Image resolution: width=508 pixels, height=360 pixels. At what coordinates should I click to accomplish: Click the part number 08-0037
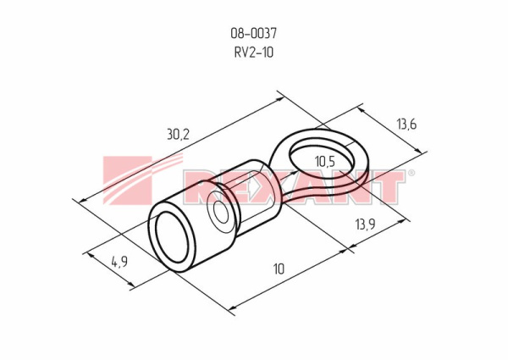pyautogui.click(x=254, y=33)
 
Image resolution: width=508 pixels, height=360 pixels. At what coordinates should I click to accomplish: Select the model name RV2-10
pyautogui.click(x=254, y=53)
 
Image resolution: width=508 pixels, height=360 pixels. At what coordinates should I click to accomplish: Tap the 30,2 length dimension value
pyautogui.click(x=178, y=134)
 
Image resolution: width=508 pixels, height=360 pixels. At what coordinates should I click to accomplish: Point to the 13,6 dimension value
pyautogui.click(x=406, y=124)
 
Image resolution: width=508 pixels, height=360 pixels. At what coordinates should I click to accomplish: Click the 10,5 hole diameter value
pyautogui.click(x=325, y=162)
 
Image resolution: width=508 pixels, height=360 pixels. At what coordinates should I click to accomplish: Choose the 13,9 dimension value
pyautogui.click(x=365, y=224)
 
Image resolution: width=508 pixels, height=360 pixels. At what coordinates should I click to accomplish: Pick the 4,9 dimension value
pyautogui.click(x=119, y=262)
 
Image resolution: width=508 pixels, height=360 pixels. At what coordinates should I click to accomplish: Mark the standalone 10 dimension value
pyautogui.click(x=279, y=269)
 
